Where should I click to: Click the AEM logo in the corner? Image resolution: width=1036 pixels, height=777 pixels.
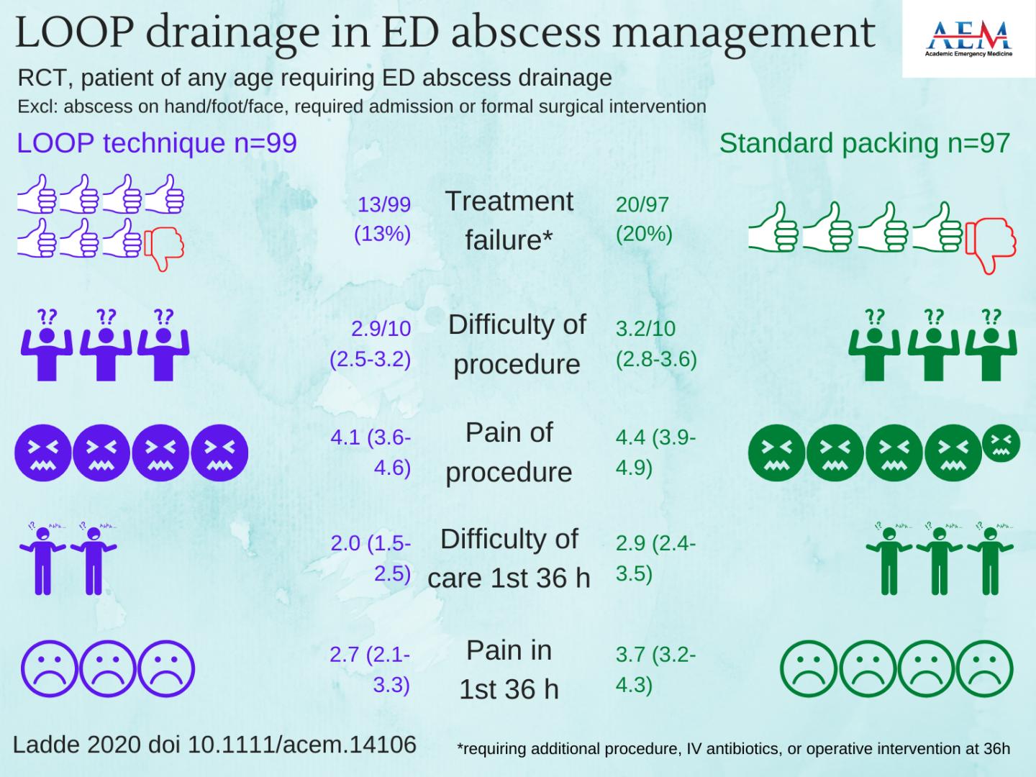[x=968, y=39]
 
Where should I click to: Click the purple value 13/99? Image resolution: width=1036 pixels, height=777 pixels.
[x=384, y=204]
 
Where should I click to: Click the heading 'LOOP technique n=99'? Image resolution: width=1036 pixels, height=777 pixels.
[x=157, y=143]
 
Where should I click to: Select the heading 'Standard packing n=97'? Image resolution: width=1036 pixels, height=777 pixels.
[x=864, y=143]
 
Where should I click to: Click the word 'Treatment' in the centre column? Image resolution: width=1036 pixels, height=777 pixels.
[x=509, y=201]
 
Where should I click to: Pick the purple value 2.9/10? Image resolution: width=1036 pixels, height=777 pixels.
[x=381, y=329]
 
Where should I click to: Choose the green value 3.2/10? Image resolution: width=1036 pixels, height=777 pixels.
[x=645, y=329]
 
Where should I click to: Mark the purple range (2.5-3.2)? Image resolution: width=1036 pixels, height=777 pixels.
[x=371, y=359]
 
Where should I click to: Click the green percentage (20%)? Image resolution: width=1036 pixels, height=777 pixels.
[x=644, y=235]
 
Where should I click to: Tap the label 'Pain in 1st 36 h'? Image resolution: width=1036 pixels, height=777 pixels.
[x=509, y=669]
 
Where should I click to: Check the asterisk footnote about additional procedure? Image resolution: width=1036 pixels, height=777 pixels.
[x=733, y=749]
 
